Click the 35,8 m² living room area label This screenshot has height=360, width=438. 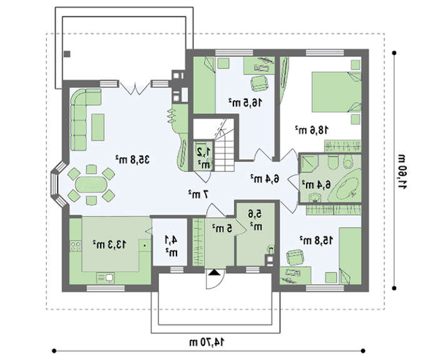133,160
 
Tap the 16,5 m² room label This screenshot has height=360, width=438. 245,102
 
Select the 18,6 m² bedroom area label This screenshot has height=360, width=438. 312,130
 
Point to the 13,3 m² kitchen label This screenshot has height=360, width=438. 109,244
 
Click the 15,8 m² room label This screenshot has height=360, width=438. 317,240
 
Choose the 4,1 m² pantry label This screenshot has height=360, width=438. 171,246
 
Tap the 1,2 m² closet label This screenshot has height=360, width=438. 203,158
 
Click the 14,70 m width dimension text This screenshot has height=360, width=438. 207,342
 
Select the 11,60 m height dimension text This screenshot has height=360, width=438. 402,172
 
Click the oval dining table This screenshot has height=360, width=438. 91,185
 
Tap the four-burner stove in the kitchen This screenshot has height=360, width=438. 76,246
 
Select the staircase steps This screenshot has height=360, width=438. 224,151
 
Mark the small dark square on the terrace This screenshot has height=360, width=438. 67,54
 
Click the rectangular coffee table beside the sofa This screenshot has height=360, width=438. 98,127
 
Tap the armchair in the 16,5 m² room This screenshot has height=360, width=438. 260,83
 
